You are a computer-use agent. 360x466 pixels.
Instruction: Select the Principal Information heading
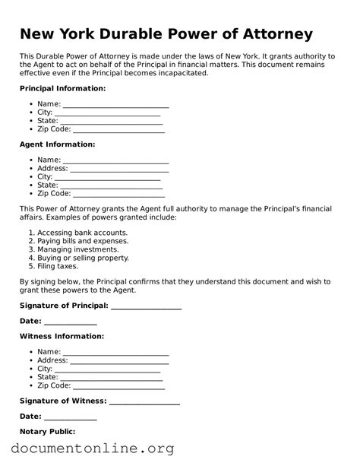click(x=62, y=89)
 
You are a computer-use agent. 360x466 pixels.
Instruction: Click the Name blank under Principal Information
click(x=115, y=104)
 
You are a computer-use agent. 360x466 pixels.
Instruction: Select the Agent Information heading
click(x=57, y=144)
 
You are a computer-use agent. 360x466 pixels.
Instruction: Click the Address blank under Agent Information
click(x=119, y=169)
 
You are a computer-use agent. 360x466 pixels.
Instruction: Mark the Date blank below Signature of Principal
click(x=70, y=322)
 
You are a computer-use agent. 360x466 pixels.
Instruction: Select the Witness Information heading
click(x=62, y=336)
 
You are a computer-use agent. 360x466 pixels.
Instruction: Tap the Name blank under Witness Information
click(x=115, y=352)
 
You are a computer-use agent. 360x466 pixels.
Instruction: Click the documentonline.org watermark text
click(x=93, y=449)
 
